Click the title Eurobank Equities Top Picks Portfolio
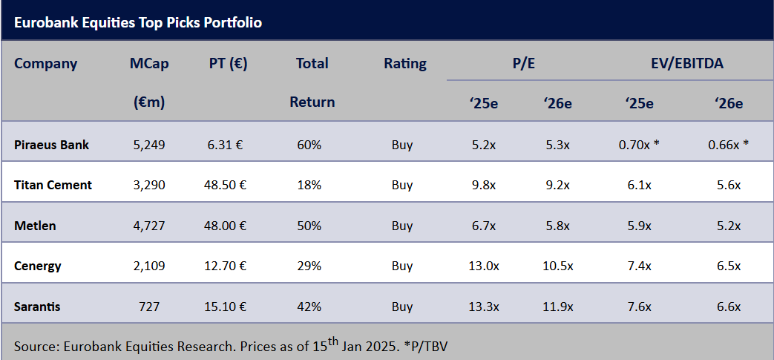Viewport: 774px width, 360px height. coord(137,22)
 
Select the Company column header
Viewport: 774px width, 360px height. coord(45,63)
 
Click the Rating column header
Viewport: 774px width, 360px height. coord(404,63)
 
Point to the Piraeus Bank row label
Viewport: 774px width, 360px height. coord(51,145)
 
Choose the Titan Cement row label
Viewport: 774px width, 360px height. coord(53,185)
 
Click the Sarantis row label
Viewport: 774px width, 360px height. coord(37,306)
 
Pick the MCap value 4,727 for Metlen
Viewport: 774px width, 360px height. coord(149,226)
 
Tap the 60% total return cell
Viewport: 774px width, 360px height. coord(309,145)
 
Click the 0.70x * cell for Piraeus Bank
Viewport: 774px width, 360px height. coord(639,145)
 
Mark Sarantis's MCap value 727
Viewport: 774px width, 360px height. coord(149,306)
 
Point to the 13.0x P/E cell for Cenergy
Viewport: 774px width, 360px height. coord(483,266)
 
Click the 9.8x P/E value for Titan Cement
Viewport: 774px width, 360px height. coord(483,185)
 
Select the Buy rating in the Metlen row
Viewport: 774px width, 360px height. coord(402,226)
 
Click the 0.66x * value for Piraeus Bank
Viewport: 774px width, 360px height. coord(729,145)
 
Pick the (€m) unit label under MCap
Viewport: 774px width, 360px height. coord(148,102)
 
